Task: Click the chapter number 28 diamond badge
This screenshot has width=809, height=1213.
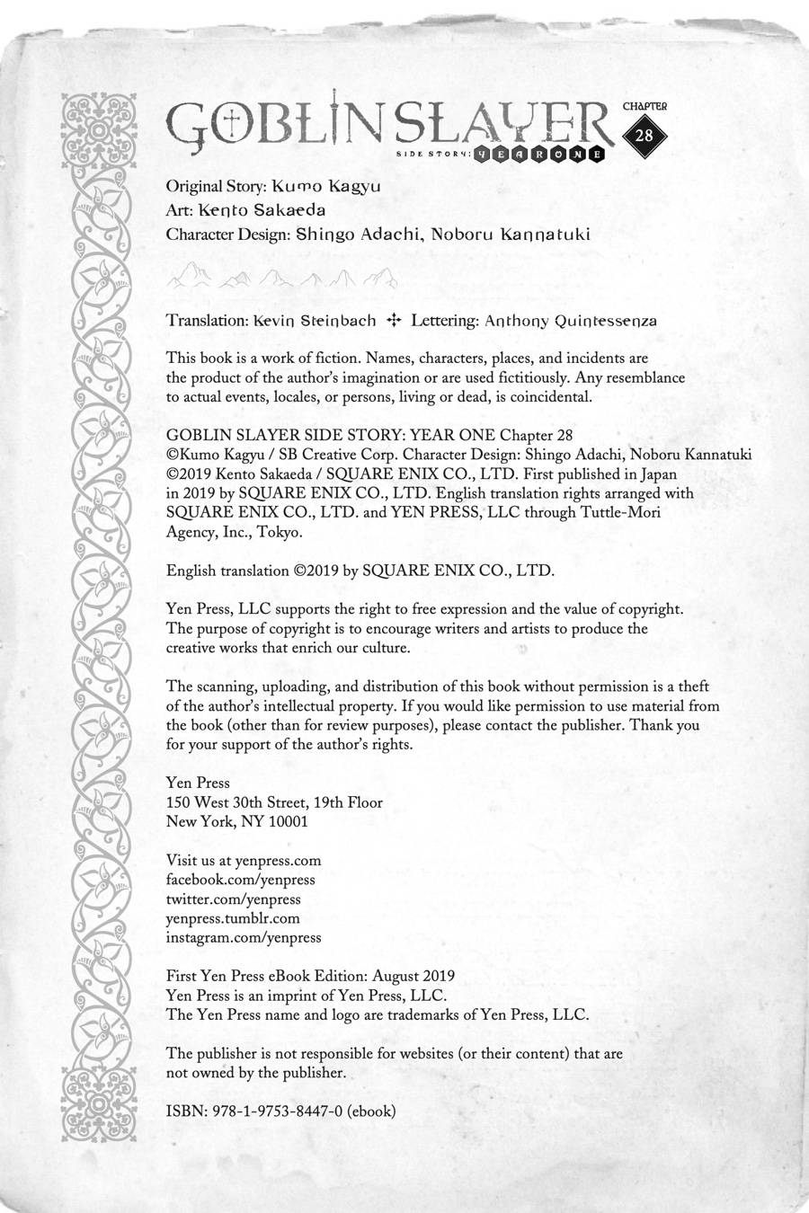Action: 644,136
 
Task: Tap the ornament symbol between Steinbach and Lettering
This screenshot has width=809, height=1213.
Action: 393,320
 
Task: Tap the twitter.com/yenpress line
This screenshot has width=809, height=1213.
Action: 234,899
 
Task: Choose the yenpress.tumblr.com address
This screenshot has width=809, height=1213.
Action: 233,918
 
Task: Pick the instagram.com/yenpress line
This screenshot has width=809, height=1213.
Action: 244,937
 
